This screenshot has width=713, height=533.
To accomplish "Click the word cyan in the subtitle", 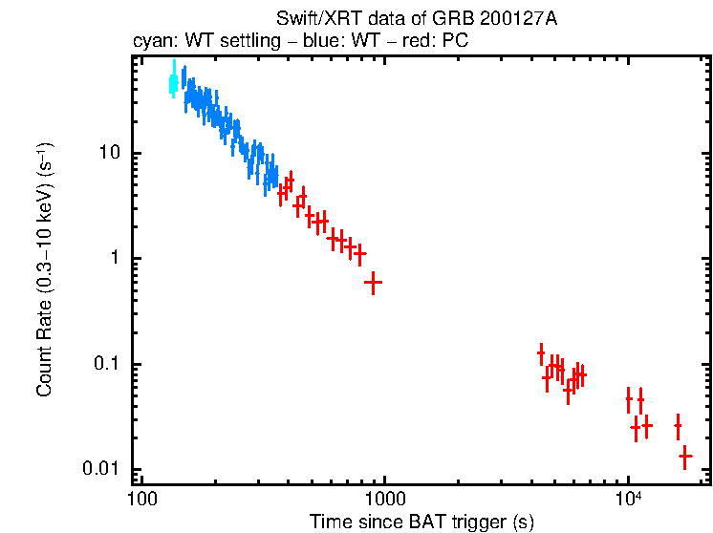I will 150,42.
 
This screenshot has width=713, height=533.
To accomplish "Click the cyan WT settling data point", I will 173,82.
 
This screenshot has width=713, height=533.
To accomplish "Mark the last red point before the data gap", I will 374,282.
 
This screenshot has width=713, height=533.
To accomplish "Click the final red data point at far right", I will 685,456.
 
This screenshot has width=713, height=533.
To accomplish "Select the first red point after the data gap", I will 541,353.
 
